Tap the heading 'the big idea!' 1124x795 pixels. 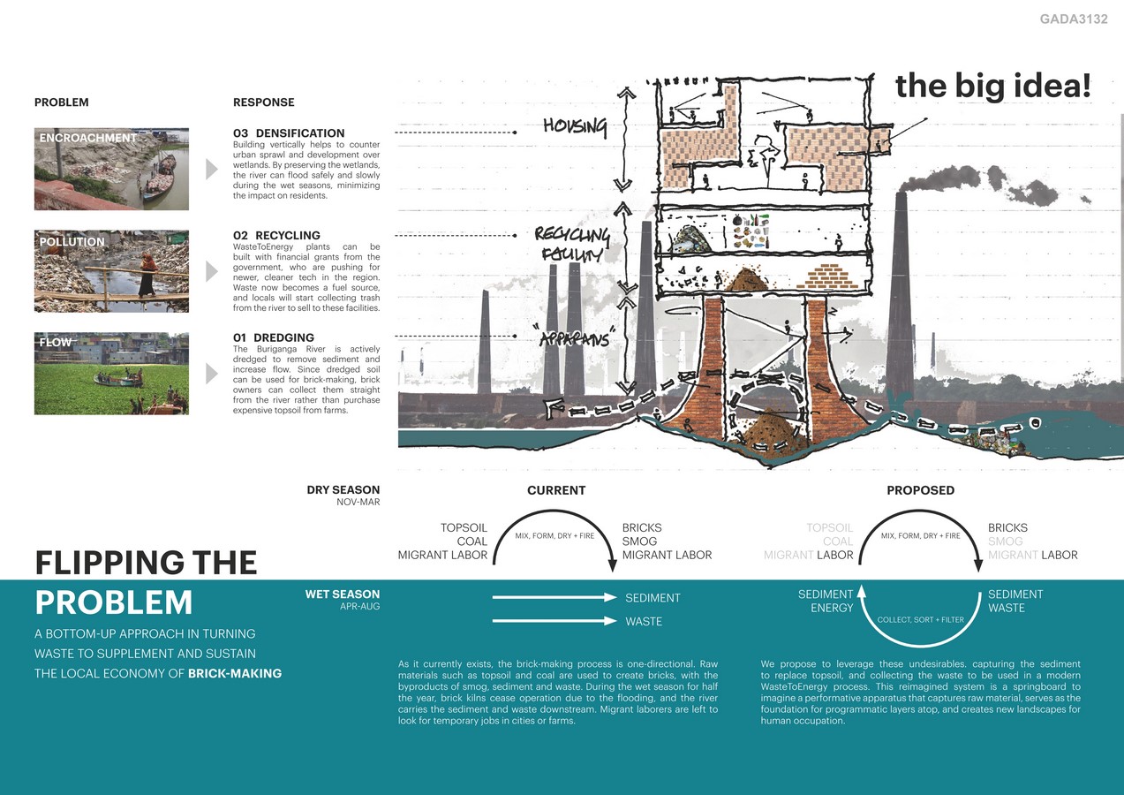click(992, 86)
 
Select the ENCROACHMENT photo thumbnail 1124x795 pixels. click(111, 169)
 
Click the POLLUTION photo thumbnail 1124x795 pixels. click(111, 271)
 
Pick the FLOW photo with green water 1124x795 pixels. click(111, 373)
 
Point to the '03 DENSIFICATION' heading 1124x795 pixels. click(289, 133)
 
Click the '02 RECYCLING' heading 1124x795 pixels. click(275, 236)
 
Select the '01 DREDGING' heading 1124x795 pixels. click(274, 337)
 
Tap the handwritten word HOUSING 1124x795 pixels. click(575, 127)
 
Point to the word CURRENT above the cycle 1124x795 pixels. click(556, 490)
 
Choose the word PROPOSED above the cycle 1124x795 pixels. click(920, 490)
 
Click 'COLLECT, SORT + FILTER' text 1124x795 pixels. click(920, 619)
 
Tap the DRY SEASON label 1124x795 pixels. click(343, 489)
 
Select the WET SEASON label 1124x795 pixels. click(343, 594)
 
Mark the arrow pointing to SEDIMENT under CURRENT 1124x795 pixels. click(554, 598)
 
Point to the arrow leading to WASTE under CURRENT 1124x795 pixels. click(554, 621)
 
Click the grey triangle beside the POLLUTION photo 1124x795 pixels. click(211, 271)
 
